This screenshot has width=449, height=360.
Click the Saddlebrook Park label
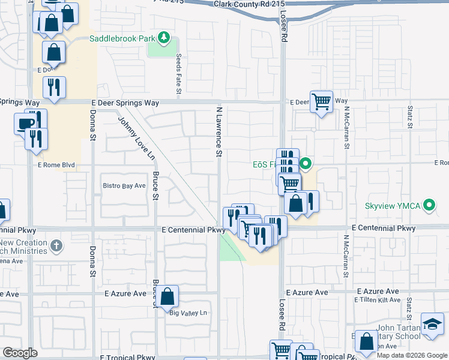(x=123, y=39)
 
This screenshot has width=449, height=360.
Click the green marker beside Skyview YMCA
(x=429, y=206)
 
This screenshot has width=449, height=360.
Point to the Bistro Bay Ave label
(x=124, y=186)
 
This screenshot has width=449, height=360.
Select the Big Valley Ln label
(x=187, y=313)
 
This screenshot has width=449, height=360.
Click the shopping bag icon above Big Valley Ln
(x=169, y=295)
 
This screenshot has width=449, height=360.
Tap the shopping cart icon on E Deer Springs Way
(x=321, y=101)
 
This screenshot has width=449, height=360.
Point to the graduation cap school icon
(x=432, y=323)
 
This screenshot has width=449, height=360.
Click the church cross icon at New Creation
(x=56, y=245)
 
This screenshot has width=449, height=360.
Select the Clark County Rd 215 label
(x=249, y=4)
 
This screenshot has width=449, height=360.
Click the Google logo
(x=20, y=353)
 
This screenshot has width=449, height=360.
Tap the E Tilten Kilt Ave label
(x=377, y=300)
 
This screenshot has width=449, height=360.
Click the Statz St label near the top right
(x=410, y=118)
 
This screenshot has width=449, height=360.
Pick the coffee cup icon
(x=25, y=124)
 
